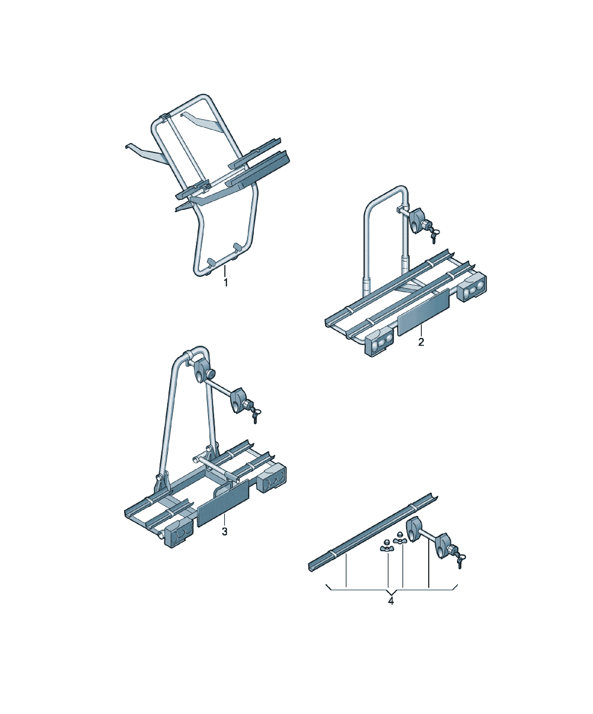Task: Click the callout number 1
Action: [x=225, y=283]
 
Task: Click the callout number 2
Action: [x=421, y=342]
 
